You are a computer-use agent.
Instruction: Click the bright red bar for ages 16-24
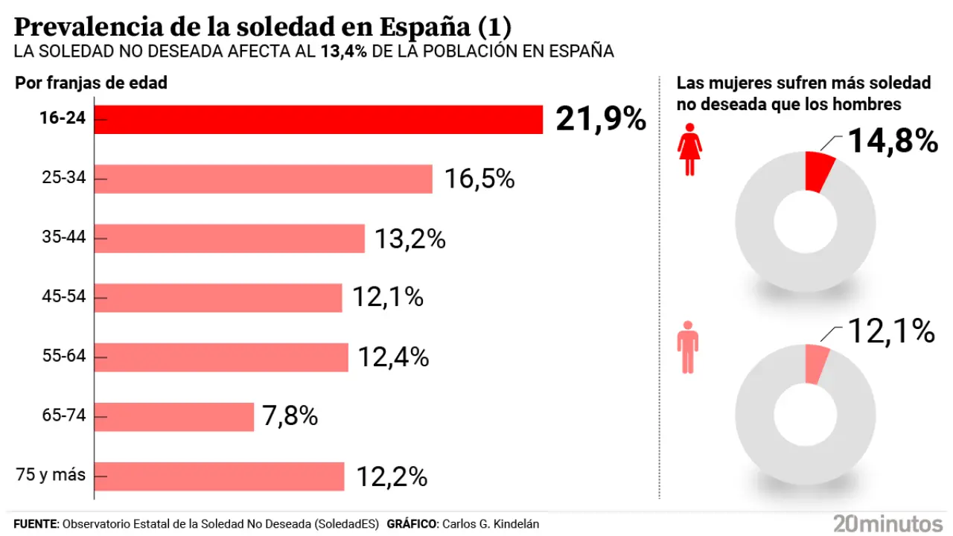318,119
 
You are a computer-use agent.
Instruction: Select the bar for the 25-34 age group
263,179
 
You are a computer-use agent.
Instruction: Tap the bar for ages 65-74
174,417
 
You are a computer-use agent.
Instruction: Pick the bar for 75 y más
219,476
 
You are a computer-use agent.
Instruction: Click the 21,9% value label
601,119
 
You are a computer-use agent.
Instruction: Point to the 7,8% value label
290,417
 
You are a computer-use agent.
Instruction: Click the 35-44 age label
64,238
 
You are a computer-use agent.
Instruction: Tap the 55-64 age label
64,357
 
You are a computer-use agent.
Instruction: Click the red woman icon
690,150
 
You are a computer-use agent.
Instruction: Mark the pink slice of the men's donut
817,365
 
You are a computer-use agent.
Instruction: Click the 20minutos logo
887,523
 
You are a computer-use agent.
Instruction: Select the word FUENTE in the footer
35,524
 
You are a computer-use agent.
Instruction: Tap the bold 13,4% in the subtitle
344,51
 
